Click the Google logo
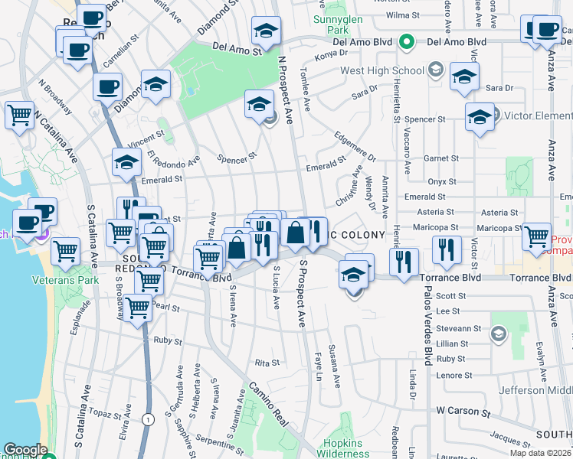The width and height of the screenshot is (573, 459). (x=25, y=450)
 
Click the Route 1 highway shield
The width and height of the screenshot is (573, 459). (x=148, y=418)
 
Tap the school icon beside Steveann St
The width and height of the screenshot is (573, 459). (x=499, y=333)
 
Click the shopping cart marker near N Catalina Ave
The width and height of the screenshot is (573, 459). (x=19, y=116)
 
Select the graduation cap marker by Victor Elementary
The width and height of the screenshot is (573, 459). (x=480, y=118)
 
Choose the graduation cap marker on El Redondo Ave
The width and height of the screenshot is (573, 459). (x=126, y=162)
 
